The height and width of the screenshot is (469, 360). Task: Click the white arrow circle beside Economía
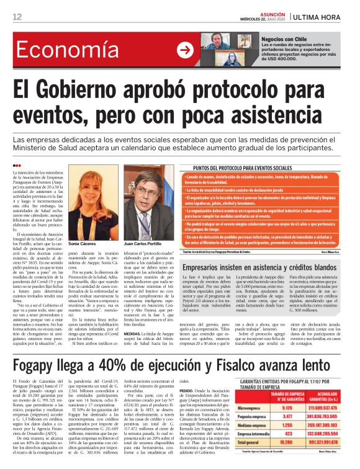(x=184, y=50)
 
